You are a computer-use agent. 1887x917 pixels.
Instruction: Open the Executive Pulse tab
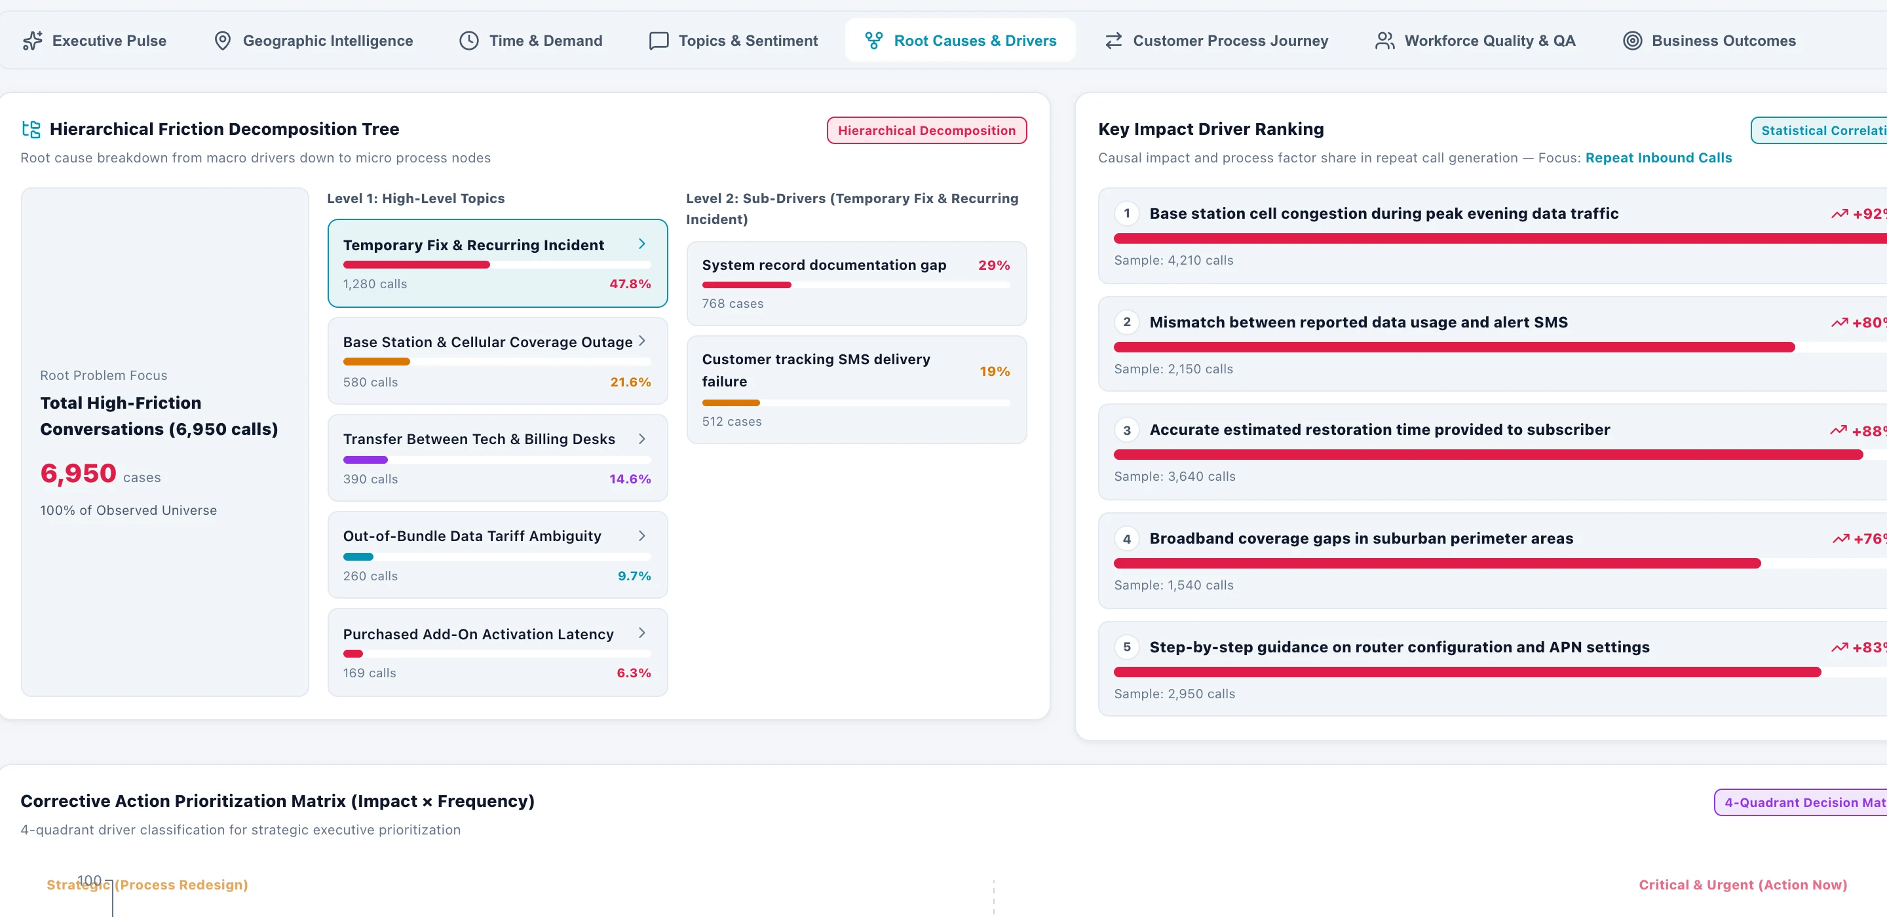(x=95, y=41)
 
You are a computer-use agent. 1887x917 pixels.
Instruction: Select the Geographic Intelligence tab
(x=314, y=41)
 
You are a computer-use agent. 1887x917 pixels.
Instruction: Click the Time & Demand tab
(x=531, y=41)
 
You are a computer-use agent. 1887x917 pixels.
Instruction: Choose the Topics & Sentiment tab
(x=734, y=41)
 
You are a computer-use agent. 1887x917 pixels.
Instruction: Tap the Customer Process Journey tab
(x=1216, y=41)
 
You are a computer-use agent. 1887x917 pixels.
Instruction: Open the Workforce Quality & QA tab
(x=1476, y=41)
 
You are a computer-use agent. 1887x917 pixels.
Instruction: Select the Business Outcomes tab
(x=1709, y=41)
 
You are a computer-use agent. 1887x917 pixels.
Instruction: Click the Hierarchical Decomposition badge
(x=926, y=130)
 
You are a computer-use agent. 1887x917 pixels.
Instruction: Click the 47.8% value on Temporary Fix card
(x=630, y=284)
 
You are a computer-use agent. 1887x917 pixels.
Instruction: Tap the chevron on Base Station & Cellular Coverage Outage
(x=641, y=341)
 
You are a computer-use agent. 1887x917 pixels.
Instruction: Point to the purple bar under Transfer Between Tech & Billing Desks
(x=366, y=460)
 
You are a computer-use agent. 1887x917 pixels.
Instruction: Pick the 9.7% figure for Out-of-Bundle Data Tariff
(x=634, y=576)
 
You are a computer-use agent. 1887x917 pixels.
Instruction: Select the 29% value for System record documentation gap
(x=994, y=265)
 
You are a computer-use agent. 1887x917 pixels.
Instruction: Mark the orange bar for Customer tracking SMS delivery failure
(x=731, y=403)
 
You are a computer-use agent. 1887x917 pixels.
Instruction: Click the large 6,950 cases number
(x=79, y=473)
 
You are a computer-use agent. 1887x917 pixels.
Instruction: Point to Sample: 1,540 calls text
(x=1173, y=585)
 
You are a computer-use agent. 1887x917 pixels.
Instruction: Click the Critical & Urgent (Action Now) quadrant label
(x=1743, y=885)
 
